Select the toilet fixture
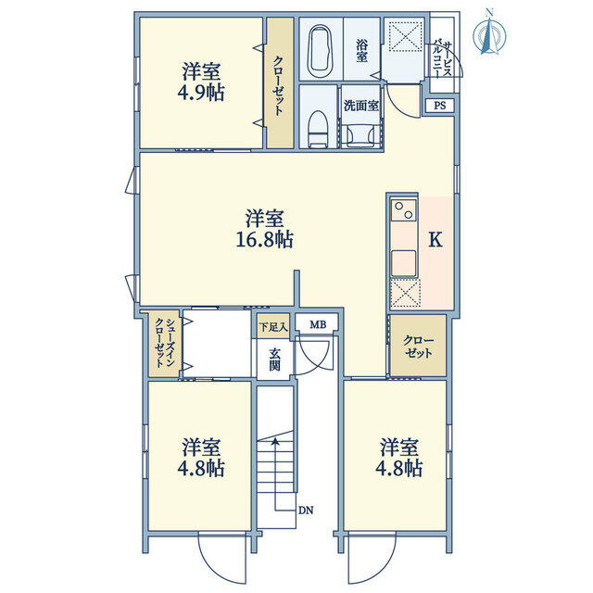[x=317, y=128]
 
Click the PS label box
[x=439, y=106]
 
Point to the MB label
[x=318, y=324]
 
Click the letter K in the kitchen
[x=435, y=239]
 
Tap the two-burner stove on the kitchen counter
[x=404, y=210]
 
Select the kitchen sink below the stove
[x=404, y=263]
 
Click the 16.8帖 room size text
[x=265, y=239]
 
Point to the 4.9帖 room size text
[x=201, y=93]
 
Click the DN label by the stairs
[x=306, y=511]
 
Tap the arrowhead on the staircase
[x=276, y=441]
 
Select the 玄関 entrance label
[x=275, y=360]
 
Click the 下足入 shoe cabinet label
[x=273, y=327]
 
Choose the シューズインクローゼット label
[x=165, y=344]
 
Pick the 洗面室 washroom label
[x=361, y=106]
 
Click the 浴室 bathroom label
[x=362, y=52]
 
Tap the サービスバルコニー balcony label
[x=443, y=58]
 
